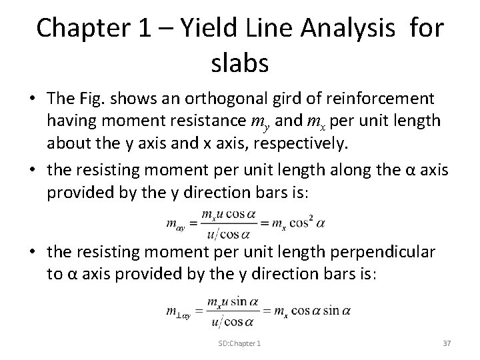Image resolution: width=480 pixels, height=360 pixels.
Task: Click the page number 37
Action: (x=447, y=343)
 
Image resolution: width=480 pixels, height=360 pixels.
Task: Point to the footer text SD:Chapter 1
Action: (x=239, y=343)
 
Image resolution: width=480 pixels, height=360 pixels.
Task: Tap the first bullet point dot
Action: (x=32, y=99)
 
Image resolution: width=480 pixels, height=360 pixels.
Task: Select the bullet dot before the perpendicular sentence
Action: (x=32, y=253)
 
